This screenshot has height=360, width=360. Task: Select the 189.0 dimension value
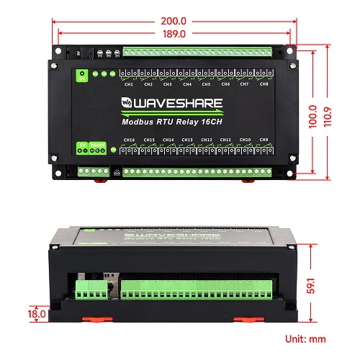[x=175, y=33]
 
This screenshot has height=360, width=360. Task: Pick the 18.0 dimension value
[x=35, y=314]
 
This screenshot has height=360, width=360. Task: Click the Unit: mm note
[x=305, y=338]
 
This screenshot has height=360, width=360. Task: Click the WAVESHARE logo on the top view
[x=172, y=103]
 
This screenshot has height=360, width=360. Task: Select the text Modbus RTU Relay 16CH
[x=171, y=122]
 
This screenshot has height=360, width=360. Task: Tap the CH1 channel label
[x=129, y=85]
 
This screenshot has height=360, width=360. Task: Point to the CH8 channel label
[x=264, y=85]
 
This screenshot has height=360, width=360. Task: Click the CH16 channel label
[x=130, y=140]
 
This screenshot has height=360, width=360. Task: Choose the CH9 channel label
[x=264, y=140]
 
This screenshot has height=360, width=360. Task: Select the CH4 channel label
[x=186, y=85]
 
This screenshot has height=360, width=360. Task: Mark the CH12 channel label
[x=206, y=140]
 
